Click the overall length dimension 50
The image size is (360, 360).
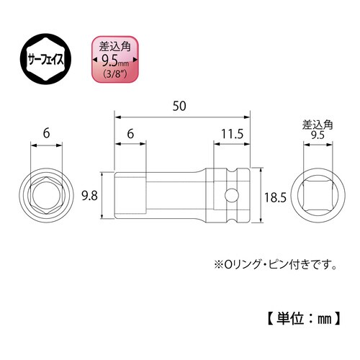click(181, 106)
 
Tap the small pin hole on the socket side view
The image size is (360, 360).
click(230, 195)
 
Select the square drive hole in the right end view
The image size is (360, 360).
click(318, 195)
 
